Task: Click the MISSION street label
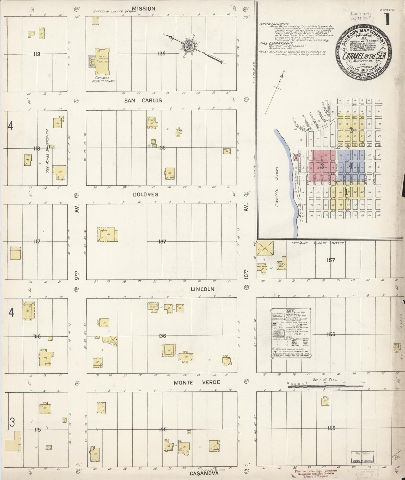pos(144,9)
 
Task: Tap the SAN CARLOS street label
pos(143,100)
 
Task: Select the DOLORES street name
pos(145,194)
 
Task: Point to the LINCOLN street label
pos(202,289)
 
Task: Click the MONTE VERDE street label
pos(196,382)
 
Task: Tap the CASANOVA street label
pos(203,474)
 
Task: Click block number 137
pos(162,241)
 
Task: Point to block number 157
pos(331,260)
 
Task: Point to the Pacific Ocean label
pos(277,187)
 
